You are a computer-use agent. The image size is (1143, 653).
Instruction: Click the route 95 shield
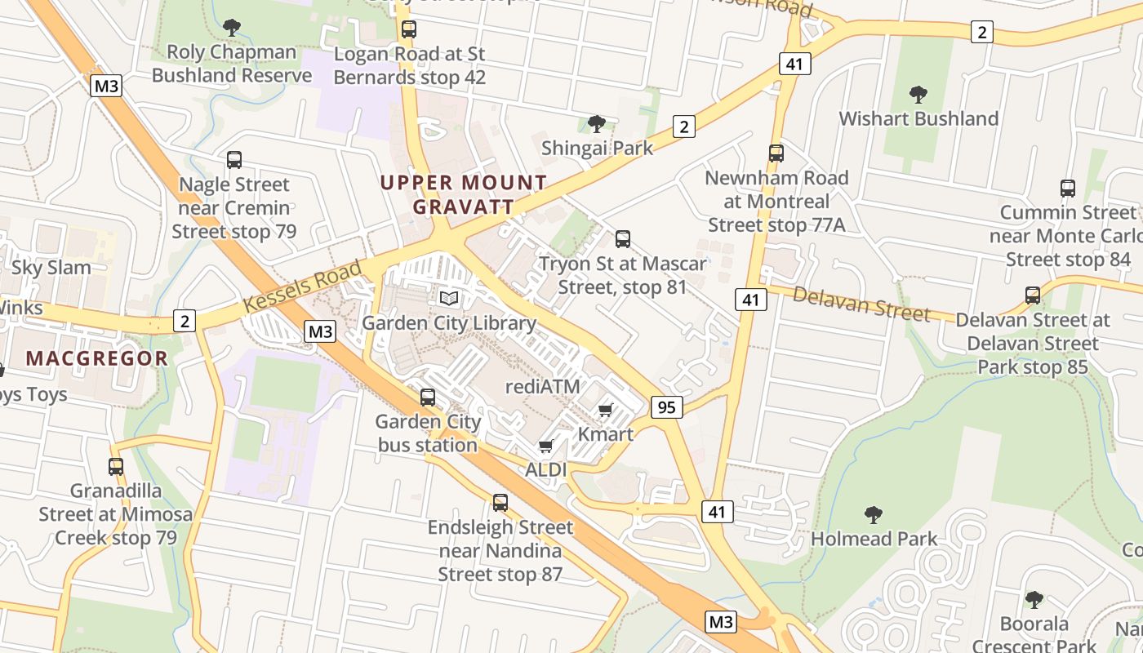[x=666, y=406]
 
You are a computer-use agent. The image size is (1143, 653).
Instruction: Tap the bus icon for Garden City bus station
[x=427, y=398]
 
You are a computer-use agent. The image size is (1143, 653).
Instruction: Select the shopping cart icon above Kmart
[x=605, y=410]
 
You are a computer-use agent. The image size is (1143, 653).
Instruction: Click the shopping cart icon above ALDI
[x=545, y=446]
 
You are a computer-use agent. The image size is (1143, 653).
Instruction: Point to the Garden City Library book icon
[x=448, y=299]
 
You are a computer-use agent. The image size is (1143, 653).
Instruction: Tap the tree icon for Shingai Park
[x=597, y=124]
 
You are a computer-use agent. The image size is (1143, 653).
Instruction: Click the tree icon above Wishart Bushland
[x=918, y=95]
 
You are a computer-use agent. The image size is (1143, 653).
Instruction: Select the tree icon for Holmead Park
[x=874, y=515]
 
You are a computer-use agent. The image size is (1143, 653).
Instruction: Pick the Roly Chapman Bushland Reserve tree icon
[x=232, y=28]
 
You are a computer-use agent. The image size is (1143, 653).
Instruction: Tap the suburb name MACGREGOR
[x=96, y=358]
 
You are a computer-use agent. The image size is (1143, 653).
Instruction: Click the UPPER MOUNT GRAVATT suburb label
[x=463, y=194]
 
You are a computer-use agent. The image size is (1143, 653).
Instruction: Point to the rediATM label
[x=542, y=387]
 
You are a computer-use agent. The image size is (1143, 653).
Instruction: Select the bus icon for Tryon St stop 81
[x=623, y=239]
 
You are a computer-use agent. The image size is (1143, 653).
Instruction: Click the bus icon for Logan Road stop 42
[x=409, y=30]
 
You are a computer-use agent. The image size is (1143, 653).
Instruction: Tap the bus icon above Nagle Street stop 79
[x=234, y=160]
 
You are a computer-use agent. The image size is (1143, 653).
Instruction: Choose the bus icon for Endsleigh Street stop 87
[x=500, y=503]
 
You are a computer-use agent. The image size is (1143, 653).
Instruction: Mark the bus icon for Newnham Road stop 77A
[x=776, y=153]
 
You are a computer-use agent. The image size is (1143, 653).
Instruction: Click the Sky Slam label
[x=51, y=268]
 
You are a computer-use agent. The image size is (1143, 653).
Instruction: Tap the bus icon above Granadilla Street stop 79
[x=116, y=467]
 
